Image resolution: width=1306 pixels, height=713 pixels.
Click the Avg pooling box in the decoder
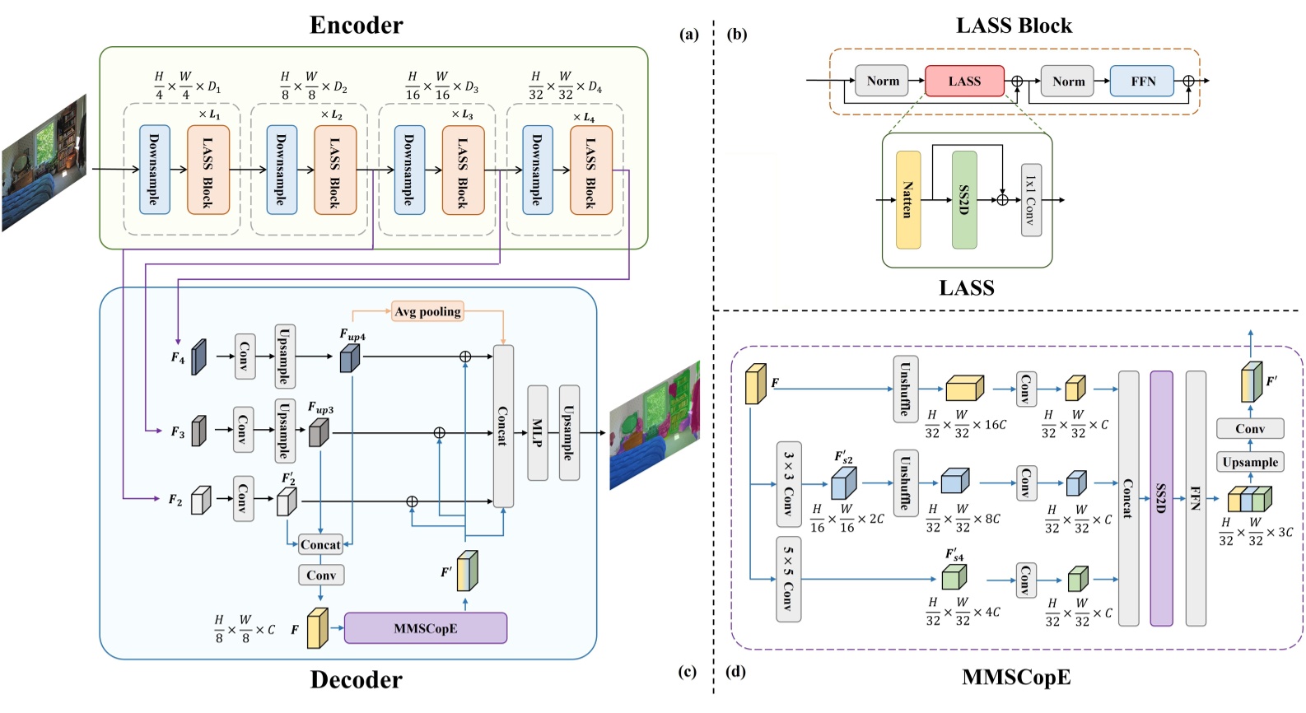point(427,311)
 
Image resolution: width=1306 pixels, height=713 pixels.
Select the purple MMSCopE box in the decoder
point(425,628)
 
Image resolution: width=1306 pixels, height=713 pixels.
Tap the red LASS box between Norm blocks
point(964,81)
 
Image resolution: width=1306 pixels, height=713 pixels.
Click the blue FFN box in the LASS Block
point(1142,81)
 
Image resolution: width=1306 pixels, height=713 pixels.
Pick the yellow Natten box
point(907,199)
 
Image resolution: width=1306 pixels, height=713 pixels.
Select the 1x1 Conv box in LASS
point(1031,199)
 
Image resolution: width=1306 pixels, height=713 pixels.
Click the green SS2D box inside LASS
point(964,199)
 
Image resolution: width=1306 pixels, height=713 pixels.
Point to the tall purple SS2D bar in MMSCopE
point(1161,497)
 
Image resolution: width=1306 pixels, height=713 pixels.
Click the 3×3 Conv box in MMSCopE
point(789,483)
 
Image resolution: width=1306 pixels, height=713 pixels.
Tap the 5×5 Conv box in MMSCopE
point(789,579)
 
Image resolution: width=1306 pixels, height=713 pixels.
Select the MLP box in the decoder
point(537,432)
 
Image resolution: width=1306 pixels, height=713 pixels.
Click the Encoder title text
point(356,25)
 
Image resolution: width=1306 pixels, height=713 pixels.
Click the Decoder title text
point(356,679)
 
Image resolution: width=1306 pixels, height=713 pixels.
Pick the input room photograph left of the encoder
point(44,163)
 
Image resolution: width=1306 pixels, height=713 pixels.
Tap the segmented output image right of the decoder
point(655,425)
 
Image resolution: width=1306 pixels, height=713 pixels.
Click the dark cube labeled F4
point(198,356)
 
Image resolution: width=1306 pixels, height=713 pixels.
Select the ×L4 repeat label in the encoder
point(583,118)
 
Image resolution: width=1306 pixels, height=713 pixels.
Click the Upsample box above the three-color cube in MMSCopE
point(1249,462)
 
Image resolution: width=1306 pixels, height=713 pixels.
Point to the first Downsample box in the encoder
point(154,170)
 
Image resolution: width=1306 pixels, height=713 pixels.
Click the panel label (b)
point(737,35)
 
